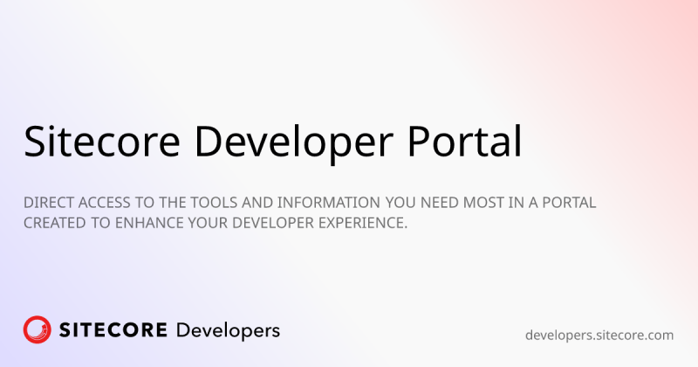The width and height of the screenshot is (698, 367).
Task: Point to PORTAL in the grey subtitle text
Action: click(x=567, y=203)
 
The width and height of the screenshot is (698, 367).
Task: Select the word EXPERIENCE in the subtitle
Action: click(x=366, y=224)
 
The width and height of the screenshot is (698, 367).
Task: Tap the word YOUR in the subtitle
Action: click(x=217, y=224)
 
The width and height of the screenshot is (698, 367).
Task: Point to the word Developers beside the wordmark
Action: click(x=228, y=331)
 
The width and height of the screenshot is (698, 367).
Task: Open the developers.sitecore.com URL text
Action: click(x=599, y=335)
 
